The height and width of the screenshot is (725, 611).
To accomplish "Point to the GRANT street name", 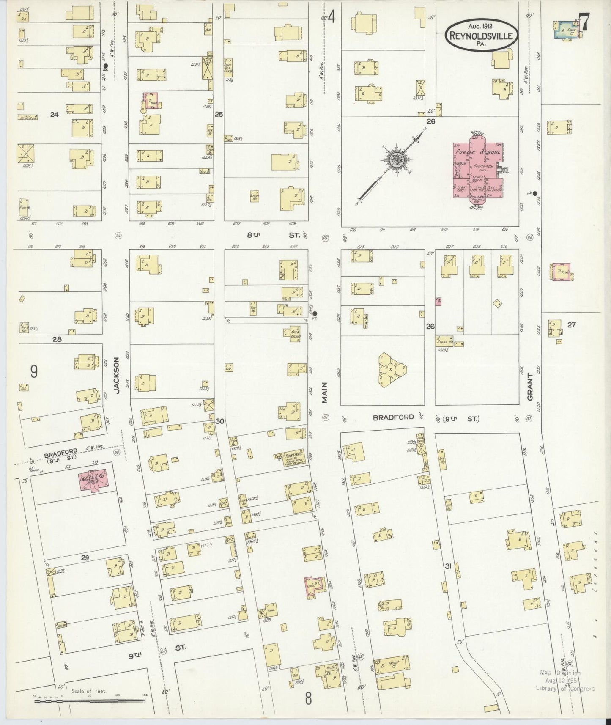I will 530,389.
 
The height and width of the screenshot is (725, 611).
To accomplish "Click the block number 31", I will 448,566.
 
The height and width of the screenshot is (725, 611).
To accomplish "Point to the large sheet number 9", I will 34,371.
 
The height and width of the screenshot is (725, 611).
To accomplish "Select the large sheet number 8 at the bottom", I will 308,698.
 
